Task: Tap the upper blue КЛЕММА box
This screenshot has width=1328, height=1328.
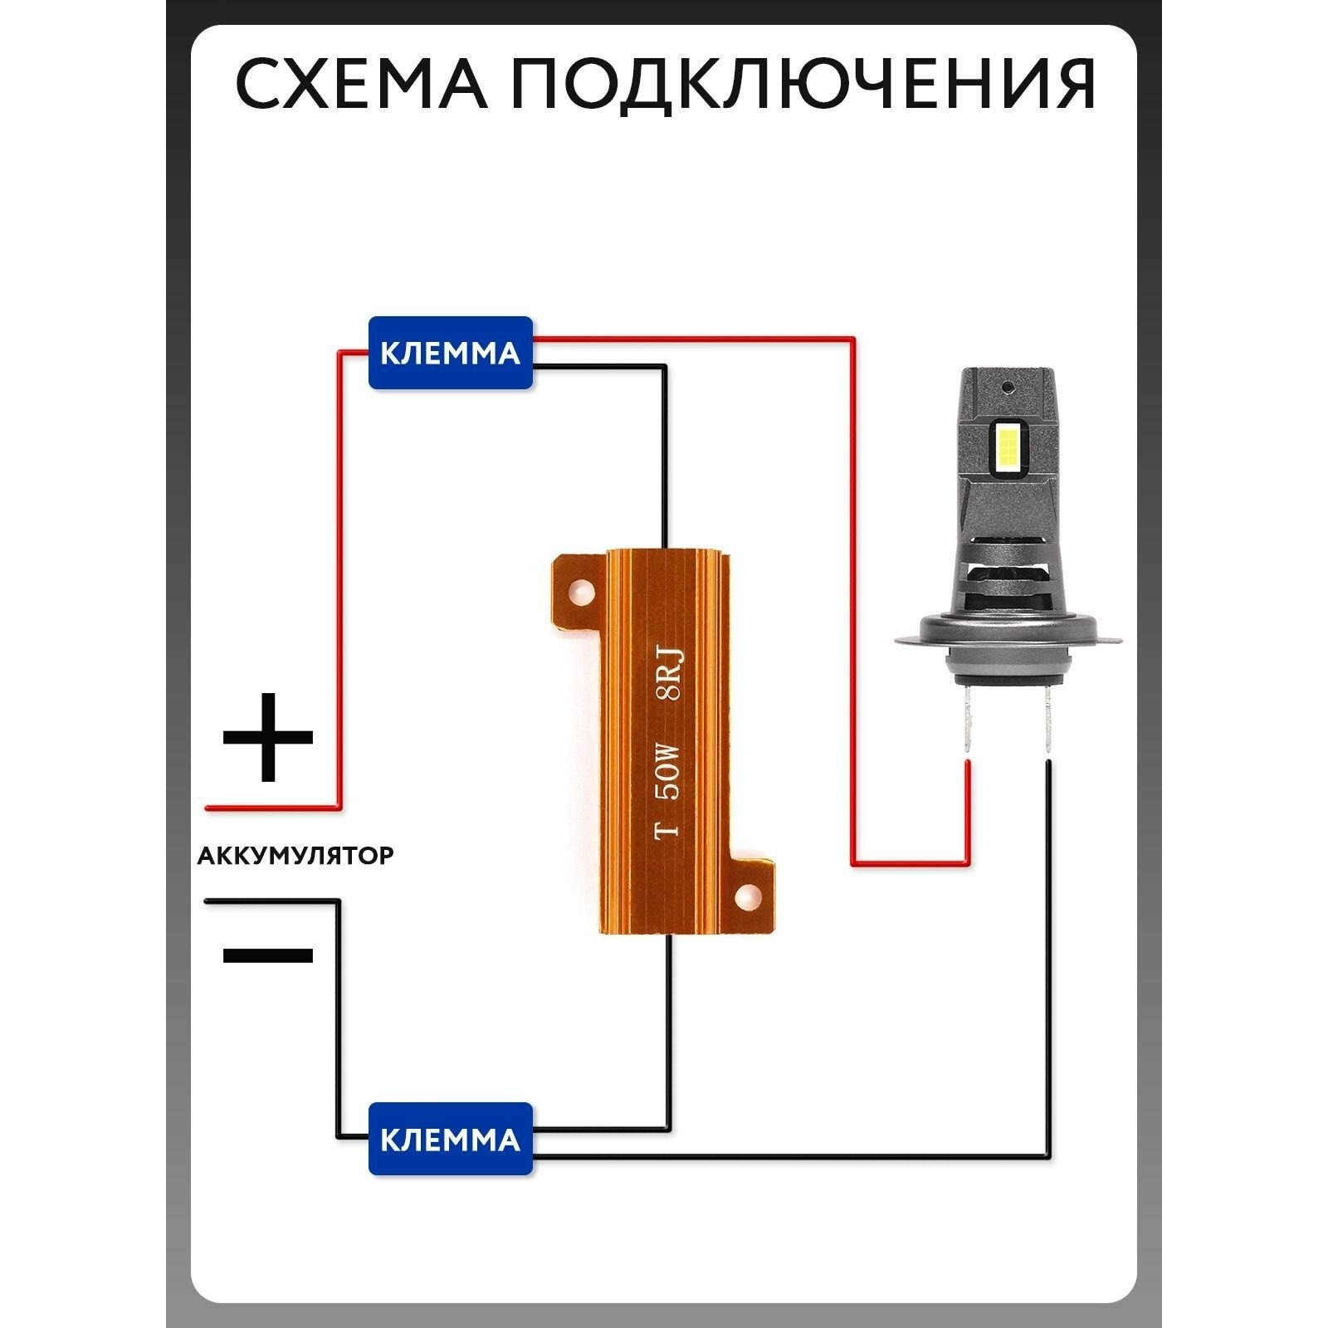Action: point(450,353)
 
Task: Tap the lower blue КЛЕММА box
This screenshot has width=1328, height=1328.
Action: point(450,1138)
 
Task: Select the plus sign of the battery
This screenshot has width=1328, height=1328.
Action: point(267,737)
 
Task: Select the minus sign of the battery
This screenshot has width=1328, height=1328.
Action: point(268,954)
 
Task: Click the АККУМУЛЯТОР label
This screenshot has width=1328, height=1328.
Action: point(295,855)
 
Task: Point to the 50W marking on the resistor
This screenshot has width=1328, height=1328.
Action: point(668,772)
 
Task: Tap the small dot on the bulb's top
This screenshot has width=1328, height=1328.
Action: point(1008,387)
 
